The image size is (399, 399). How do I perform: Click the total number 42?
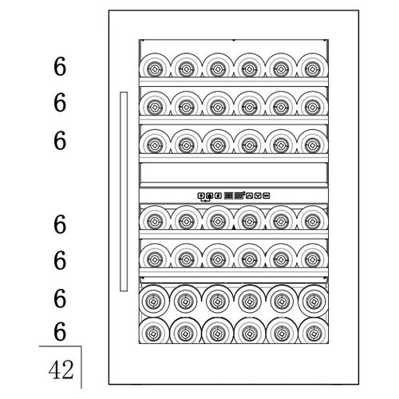61,369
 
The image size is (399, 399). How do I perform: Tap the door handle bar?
124,192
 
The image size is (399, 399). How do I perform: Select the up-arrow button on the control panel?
249,196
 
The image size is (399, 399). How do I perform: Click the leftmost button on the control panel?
201,196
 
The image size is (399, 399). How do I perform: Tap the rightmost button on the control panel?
267,196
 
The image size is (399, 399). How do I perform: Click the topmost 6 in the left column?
60,66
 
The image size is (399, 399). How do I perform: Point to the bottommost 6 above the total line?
60,331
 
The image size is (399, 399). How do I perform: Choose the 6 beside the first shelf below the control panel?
60,224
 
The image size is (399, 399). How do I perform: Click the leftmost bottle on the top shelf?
154,65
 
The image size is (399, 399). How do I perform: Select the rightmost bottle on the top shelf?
313,65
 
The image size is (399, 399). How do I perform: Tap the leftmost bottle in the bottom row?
154,330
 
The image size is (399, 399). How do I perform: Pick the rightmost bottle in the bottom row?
313,330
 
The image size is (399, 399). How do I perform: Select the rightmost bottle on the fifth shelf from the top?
313,256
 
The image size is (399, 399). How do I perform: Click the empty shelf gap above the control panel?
234,172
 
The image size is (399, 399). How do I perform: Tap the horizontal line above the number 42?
60,346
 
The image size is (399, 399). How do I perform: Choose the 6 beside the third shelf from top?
60,140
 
